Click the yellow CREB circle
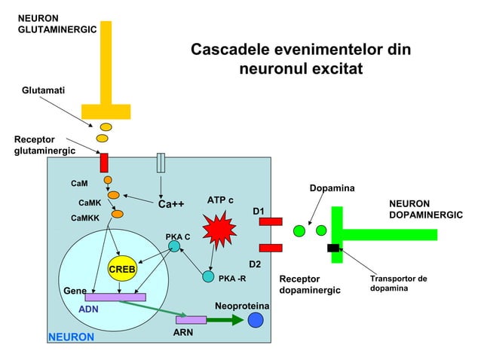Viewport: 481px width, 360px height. point(121,269)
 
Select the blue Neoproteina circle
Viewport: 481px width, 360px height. point(256,320)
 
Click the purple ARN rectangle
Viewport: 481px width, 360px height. point(191,320)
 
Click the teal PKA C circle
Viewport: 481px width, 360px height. point(174,246)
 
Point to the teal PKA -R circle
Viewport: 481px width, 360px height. point(208,276)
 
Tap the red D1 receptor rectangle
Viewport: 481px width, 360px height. point(271,221)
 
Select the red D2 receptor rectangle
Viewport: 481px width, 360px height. point(271,248)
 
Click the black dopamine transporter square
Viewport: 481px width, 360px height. point(332,248)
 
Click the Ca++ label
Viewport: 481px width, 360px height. point(171,204)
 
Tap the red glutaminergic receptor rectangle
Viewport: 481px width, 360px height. point(104,162)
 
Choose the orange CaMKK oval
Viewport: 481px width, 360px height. point(117,215)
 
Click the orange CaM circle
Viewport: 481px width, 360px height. point(108,180)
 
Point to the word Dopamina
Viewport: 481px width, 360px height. point(332,188)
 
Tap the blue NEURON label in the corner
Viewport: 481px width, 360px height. point(72,337)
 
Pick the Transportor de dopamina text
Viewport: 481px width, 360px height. point(398,283)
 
